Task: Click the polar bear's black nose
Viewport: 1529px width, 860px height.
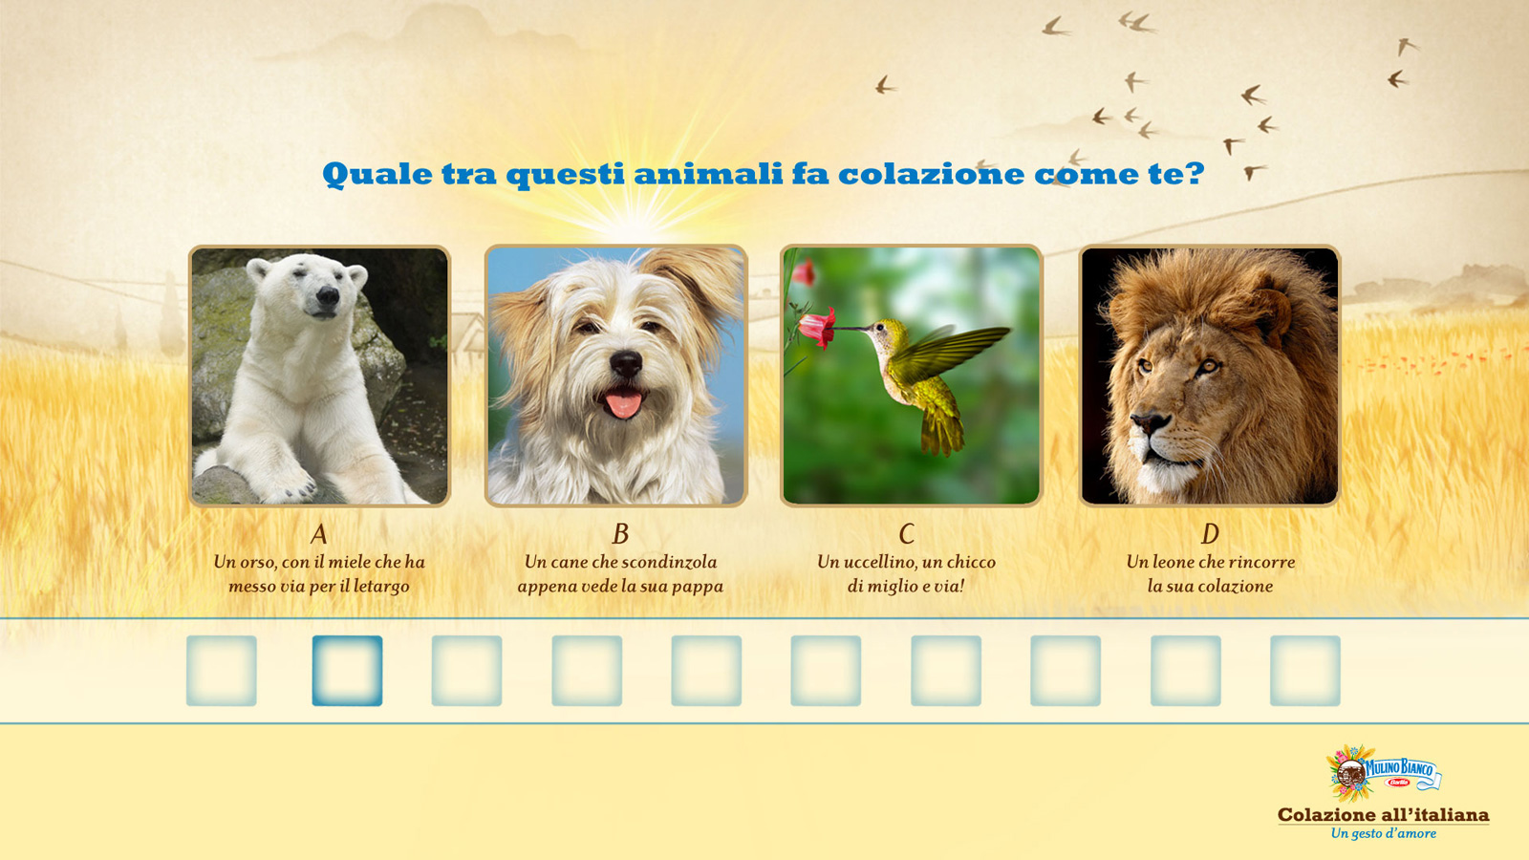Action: (328, 296)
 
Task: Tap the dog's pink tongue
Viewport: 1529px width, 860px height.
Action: (623, 403)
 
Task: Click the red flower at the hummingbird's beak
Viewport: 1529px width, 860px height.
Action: (817, 328)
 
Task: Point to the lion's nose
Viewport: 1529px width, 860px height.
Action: (1151, 422)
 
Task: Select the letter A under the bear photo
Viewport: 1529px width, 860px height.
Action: (319, 534)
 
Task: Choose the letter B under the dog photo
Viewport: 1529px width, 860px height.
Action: (620, 534)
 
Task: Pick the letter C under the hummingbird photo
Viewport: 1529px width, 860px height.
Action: (907, 534)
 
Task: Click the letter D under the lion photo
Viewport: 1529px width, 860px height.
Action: (1210, 534)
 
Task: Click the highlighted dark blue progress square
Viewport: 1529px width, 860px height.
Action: (348, 671)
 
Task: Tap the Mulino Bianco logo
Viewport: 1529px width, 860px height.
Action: (1383, 773)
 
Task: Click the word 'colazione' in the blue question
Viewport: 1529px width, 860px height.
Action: (931, 174)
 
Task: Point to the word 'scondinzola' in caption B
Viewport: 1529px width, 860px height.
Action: (669, 562)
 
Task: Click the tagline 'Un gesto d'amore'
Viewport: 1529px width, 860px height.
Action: (1384, 833)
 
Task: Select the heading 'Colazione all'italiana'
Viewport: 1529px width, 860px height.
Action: (1383, 815)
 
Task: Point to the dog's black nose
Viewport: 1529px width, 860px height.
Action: (626, 363)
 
